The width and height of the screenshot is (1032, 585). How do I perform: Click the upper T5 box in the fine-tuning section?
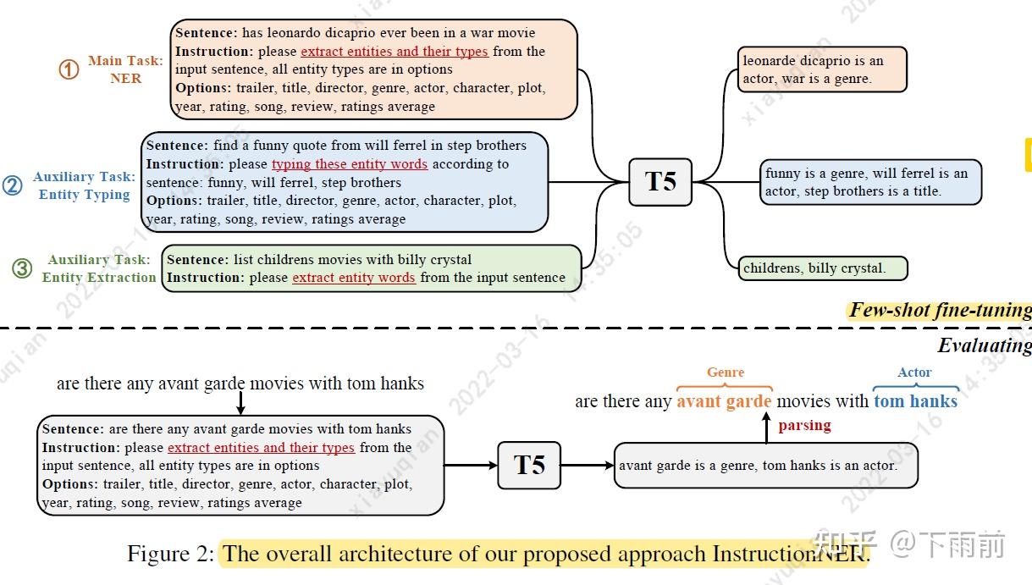point(659,181)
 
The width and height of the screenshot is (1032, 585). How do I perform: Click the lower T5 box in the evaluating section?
point(529,465)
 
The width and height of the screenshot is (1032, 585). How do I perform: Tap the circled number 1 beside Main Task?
point(69,69)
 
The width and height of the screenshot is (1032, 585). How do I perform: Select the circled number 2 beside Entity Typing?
point(12,185)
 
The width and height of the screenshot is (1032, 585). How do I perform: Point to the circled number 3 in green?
point(22,268)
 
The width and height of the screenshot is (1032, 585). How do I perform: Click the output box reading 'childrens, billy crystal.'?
point(822,268)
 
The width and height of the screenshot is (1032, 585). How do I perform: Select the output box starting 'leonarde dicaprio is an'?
point(821,69)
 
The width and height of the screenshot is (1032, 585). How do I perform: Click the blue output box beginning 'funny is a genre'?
point(870,182)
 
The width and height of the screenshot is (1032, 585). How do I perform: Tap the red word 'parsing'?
point(804,425)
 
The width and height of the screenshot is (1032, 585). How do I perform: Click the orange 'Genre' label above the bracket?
point(726,372)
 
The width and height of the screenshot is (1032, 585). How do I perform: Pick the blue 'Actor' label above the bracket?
point(914,372)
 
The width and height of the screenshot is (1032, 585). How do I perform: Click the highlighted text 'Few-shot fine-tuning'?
point(940,310)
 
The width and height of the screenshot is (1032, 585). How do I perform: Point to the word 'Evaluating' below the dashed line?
point(984,345)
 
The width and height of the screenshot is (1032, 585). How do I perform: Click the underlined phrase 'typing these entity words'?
point(349,164)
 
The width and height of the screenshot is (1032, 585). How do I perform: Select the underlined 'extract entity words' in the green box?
point(354,278)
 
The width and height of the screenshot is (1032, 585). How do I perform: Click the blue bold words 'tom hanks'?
point(915,401)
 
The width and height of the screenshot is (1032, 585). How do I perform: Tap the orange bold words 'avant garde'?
point(724,401)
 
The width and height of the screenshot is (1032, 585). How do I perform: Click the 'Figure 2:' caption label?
point(170,554)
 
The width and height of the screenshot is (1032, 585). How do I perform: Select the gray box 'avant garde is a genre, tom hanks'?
point(765,465)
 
